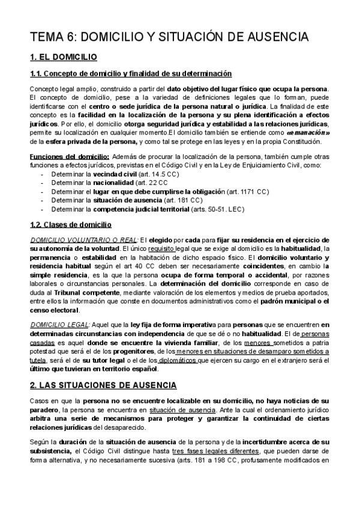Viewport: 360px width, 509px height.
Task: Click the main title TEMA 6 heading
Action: pos(169,37)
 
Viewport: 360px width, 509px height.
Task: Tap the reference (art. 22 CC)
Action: pos(152,182)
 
